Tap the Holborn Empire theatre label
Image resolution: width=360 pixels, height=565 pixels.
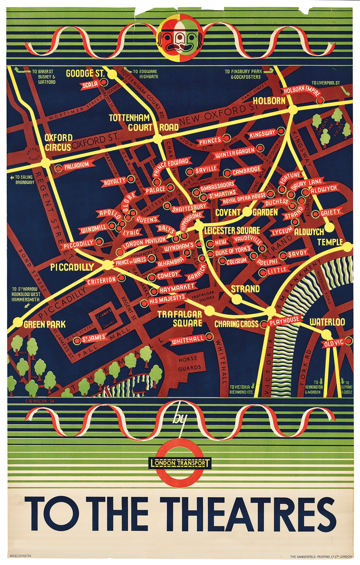pos(301,90)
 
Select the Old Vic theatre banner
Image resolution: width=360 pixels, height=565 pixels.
pos(334,343)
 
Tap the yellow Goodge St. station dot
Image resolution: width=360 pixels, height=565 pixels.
pos(112,74)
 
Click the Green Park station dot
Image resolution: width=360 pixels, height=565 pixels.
pos(18,322)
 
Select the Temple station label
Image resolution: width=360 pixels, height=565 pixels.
pos(330,242)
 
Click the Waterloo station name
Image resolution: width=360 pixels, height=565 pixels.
pos(327,322)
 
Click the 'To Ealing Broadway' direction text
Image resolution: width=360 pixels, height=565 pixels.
pos(23,180)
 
